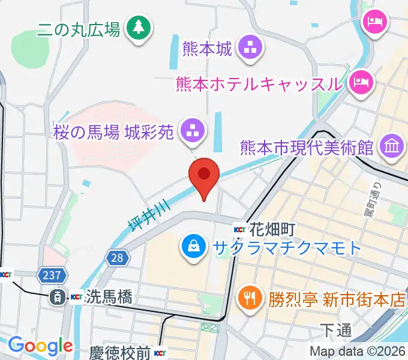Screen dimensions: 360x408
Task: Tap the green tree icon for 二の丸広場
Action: pos(139,28)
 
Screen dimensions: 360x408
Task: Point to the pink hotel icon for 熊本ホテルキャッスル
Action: pos(361,80)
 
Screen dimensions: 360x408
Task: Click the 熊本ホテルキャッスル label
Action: pos(259,83)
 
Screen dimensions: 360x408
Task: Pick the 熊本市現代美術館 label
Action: pos(307,146)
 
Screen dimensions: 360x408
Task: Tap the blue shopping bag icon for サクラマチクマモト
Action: pos(193,247)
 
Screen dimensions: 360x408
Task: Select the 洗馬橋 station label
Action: pos(109,296)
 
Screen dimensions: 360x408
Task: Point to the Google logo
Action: pos(41,346)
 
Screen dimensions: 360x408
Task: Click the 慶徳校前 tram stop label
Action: pos(120,352)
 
